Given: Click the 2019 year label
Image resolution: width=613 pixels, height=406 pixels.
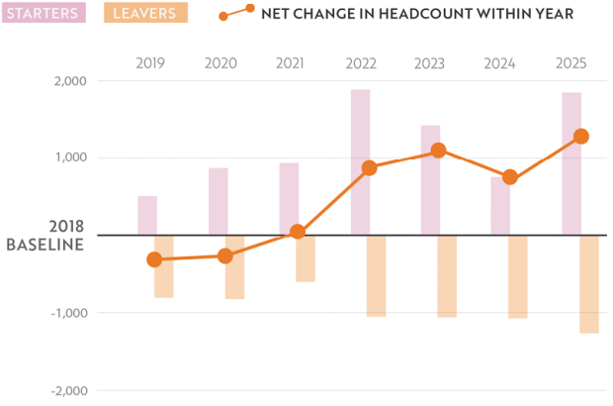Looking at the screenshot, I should tap(150, 63).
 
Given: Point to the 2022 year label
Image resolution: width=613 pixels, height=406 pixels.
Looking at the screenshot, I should tap(362, 63).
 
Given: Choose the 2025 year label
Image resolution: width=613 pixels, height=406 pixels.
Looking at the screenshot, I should tap(570, 63).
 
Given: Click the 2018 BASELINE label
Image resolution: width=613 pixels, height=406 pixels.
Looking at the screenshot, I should tap(45, 236).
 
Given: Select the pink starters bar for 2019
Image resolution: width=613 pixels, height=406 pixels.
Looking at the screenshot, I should tap(147, 216).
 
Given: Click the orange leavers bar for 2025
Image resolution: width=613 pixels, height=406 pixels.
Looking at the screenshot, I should tap(589, 284).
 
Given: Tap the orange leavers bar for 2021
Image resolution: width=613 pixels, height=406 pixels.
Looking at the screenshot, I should tap(306, 258).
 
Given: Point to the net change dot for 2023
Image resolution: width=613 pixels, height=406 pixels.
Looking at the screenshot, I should tap(439, 151).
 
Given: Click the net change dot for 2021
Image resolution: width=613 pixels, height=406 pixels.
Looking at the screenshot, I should tap(298, 232).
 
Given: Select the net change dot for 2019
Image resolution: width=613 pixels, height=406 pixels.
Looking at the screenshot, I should tap(154, 259).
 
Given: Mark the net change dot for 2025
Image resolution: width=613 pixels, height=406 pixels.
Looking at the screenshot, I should tap(581, 137).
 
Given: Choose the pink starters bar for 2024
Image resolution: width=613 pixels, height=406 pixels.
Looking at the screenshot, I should tap(500, 206).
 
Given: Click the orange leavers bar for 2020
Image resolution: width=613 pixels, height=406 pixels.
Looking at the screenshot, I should tap(234, 267).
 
